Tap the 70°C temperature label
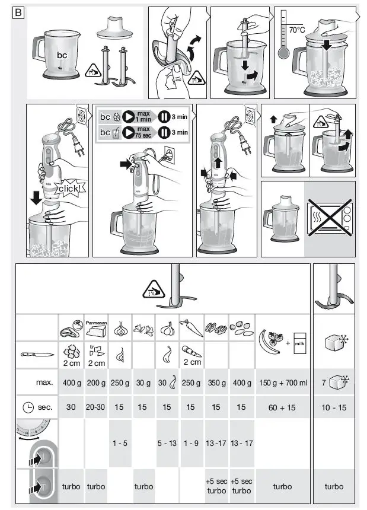(x=296, y=30)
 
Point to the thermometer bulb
(x=283, y=52)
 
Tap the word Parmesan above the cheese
(x=96, y=323)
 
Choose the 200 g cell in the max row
(x=96, y=383)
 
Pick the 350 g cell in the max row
(x=216, y=383)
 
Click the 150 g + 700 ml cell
(x=283, y=383)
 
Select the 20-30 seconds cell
(x=96, y=407)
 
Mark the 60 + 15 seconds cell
(x=283, y=407)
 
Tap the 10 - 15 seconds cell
(x=334, y=407)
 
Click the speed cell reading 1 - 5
(x=120, y=443)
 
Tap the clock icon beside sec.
(x=28, y=407)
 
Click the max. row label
(x=44, y=383)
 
